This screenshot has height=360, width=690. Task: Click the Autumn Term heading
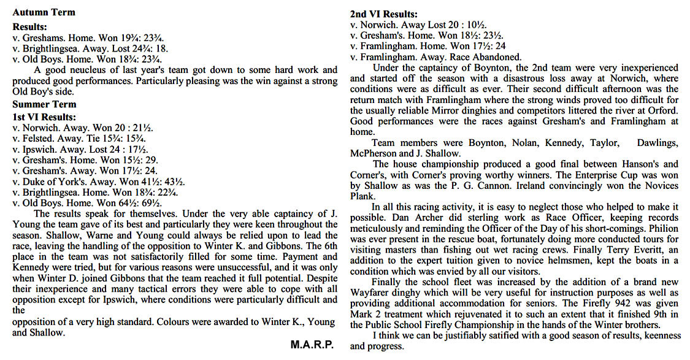pyautogui.click(x=44, y=12)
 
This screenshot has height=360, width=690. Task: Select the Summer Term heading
pyautogui.click(x=44, y=104)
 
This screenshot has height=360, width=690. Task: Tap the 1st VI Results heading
pyautogui.click(x=45, y=117)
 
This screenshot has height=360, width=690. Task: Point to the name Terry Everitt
pyautogui.click(x=597, y=250)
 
